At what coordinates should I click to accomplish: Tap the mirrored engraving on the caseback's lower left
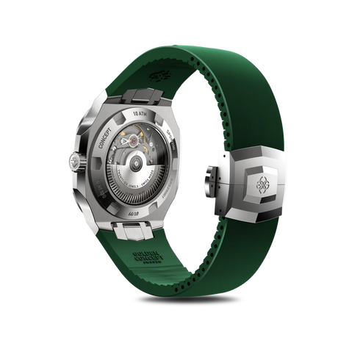click(104, 190)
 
